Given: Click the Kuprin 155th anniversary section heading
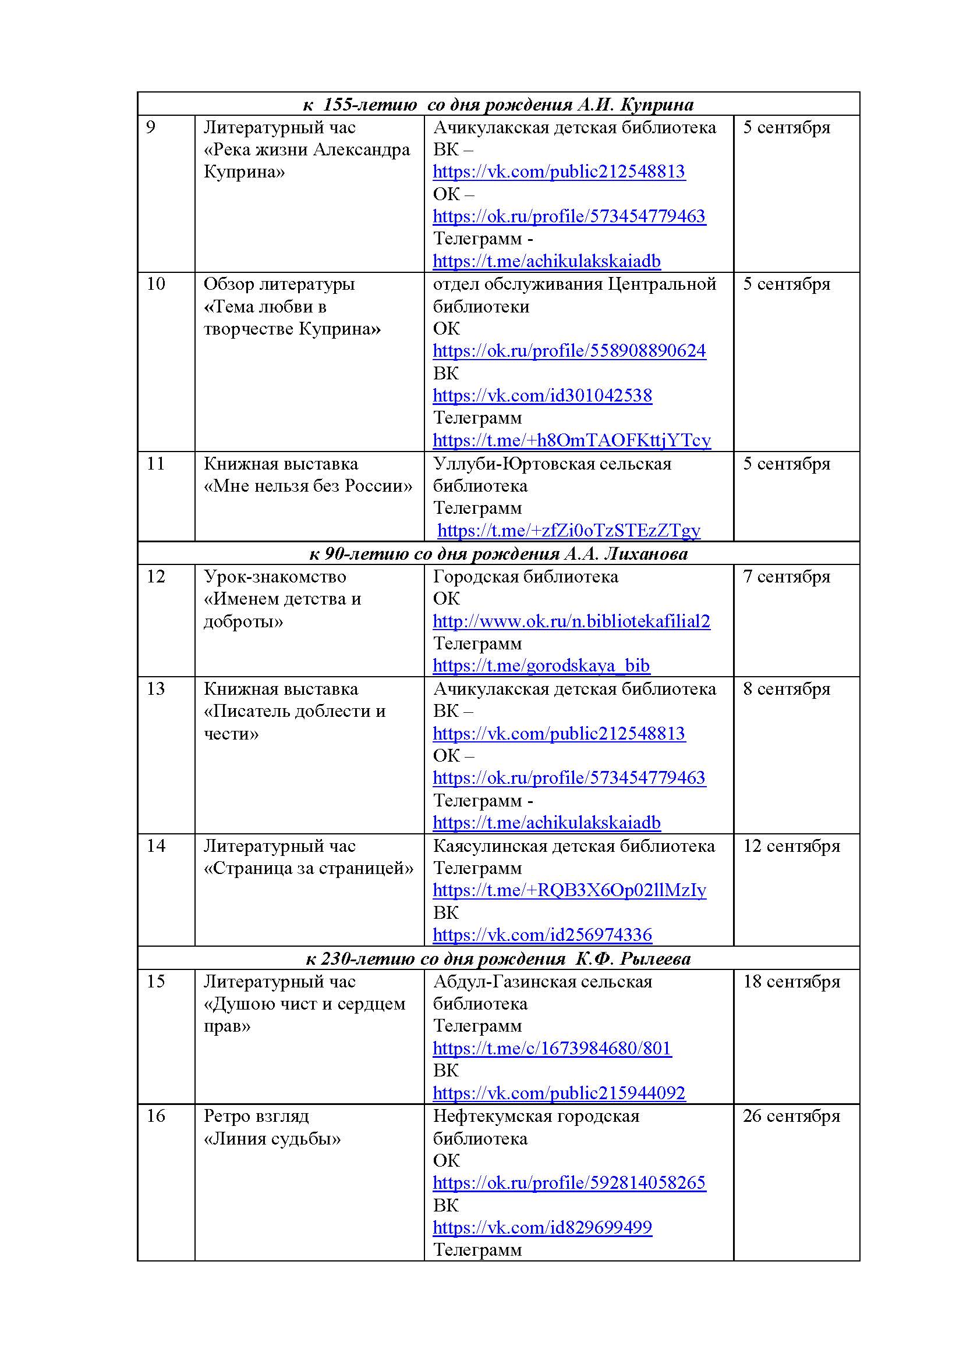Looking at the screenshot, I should click(x=498, y=105).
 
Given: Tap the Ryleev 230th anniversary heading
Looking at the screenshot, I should click(x=498, y=958).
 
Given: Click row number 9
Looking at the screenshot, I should click(x=151, y=127).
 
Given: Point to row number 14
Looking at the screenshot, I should click(x=155, y=846).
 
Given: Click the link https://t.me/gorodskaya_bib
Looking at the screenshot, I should click(x=541, y=666).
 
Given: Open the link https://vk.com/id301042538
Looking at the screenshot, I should click(x=542, y=395).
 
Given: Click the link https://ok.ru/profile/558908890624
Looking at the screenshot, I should click(x=569, y=350).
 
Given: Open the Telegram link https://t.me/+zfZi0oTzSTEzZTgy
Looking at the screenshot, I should click(x=569, y=530).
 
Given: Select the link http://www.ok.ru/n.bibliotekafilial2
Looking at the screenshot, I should click(x=571, y=621).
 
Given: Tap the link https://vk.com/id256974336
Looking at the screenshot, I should click(x=542, y=935).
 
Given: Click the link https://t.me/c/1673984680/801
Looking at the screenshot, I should click(x=551, y=1048).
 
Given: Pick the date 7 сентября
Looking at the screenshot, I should click(x=786, y=577).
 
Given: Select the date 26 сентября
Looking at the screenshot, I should click(x=791, y=1116).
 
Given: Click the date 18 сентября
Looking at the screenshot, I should click(x=791, y=981).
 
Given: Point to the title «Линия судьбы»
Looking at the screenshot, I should click(x=272, y=1139).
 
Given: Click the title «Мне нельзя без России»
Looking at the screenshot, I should click(x=308, y=486).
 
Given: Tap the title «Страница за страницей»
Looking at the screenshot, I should click(x=309, y=868).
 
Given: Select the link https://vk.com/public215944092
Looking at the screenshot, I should click(x=558, y=1093).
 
